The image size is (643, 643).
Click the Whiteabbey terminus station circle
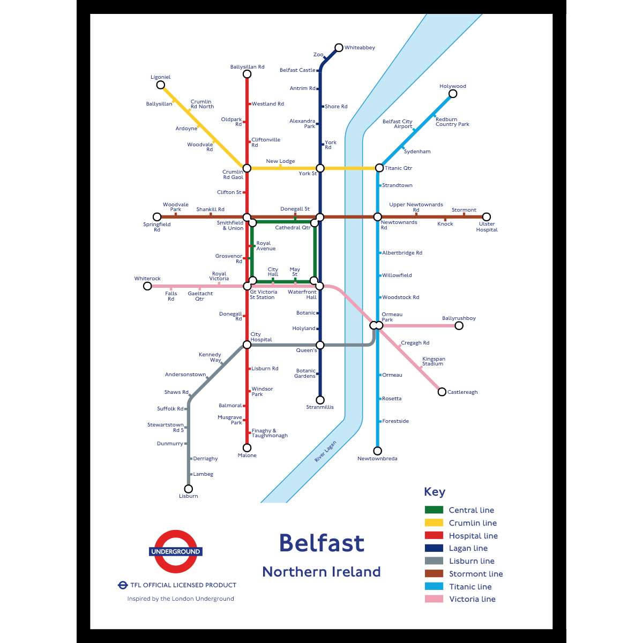point(339,48)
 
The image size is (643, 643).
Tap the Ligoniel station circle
point(160,85)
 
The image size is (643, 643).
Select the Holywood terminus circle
point(453,94)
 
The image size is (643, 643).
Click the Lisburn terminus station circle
point(189,489)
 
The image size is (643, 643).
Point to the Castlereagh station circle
point(442,392)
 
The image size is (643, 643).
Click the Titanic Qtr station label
point(398,168)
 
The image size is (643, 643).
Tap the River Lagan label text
point(325,452)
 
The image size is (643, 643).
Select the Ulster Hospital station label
point(487,227)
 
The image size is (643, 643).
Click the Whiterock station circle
point(147,286)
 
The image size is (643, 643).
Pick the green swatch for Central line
point(434,510)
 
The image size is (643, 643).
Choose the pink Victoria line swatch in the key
point(434,599)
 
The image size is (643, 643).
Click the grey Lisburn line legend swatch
point(434,561)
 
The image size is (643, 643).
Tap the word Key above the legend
point(435,492)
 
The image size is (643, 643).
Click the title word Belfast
point(322,543)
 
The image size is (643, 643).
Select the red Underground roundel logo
point(176,551)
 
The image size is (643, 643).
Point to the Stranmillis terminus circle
point(320,400)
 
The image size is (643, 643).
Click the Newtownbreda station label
point(377,459)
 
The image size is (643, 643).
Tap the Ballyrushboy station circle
point(459,325)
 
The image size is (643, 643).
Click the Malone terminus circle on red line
point(247,447)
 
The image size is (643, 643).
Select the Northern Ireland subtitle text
point(322,572)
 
